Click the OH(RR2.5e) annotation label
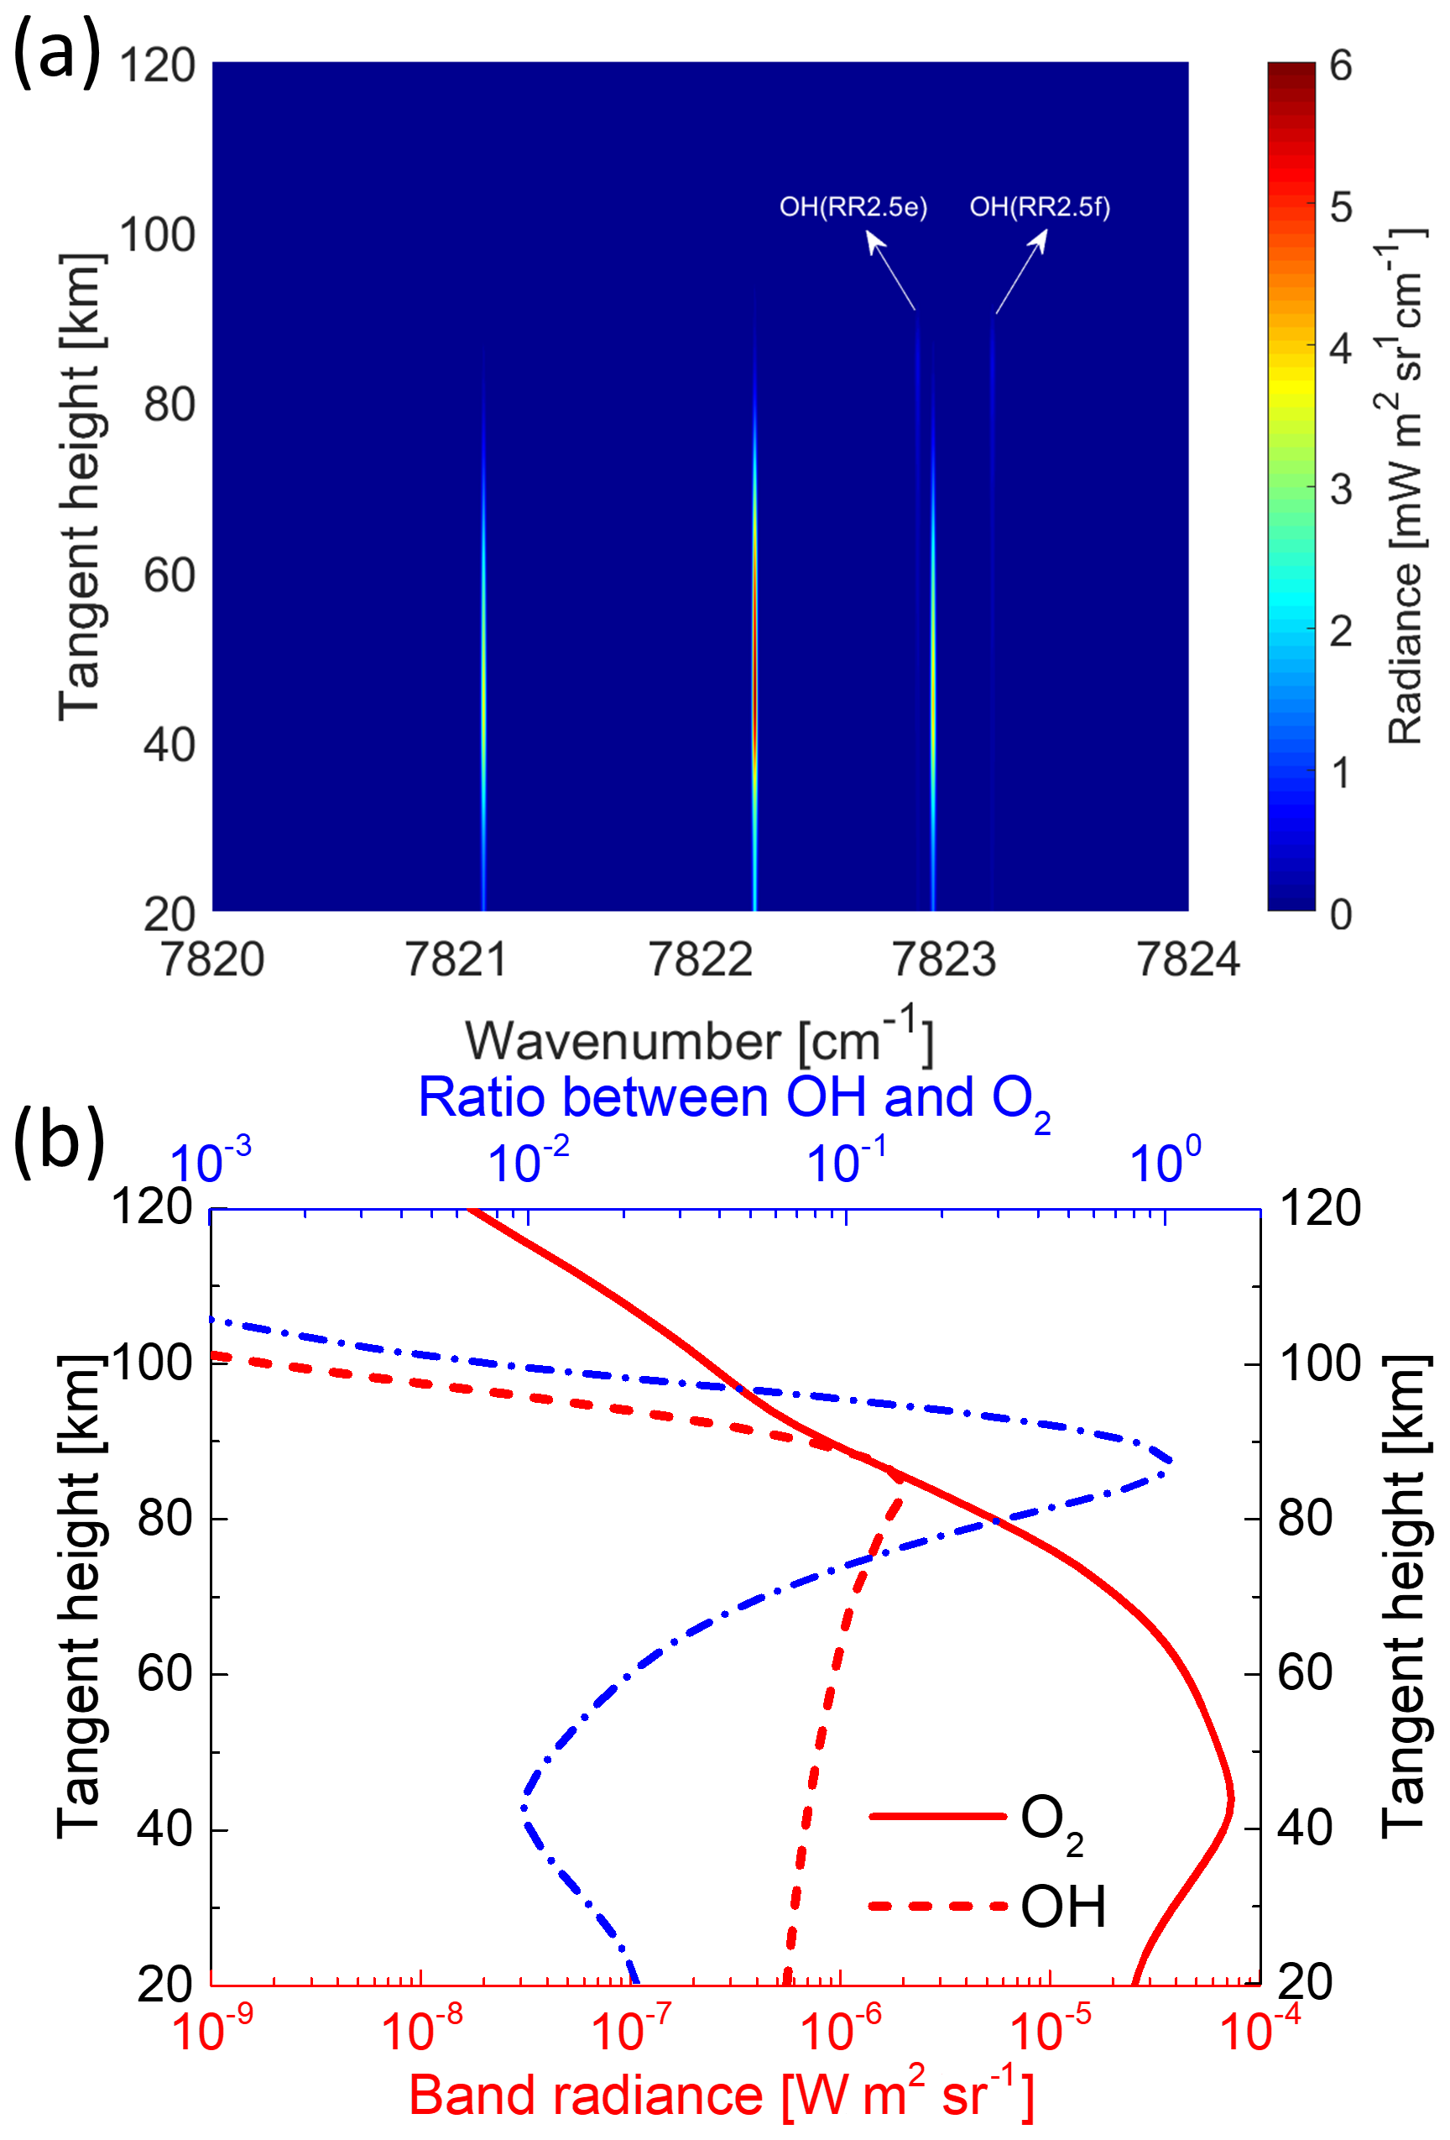click(x=853, y=207)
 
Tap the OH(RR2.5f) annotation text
click(x=1040, y=207)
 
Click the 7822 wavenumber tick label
click(x=701, y=960)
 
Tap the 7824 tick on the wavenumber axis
click(x=1187, y=960)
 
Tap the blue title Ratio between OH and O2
click(x=733, y=1100)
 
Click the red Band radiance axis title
click(x=721, y=2096)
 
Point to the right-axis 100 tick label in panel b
click(x=1319, y=1363)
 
